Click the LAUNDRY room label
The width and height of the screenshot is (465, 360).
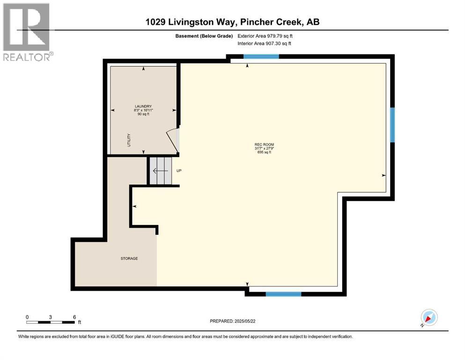pyautogui.click(x=143, y=106)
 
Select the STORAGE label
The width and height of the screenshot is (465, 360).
pyautogui.click(x=129, y=258)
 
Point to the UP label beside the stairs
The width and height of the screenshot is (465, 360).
pyautogui.click(x=178, y=171)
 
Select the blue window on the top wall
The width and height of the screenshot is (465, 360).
pyautogui.click(x=261, y=57)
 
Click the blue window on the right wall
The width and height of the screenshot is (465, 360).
pyautogui.click(x=392, y=125)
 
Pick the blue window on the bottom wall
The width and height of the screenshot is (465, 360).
pyautogui.click(x=283, y=294)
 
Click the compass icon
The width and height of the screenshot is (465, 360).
pyautogui.click(x=428, y=318)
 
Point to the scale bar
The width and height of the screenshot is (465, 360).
pyautogui.click(x=51, y=322)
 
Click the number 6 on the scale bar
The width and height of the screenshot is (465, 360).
pyautogui.click(x=74, y=317)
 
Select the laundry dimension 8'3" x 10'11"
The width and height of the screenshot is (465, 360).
pyautogui.click(x=144, y=110)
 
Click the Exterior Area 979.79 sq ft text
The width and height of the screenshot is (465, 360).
pyautogui.click(x=266, y=36)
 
